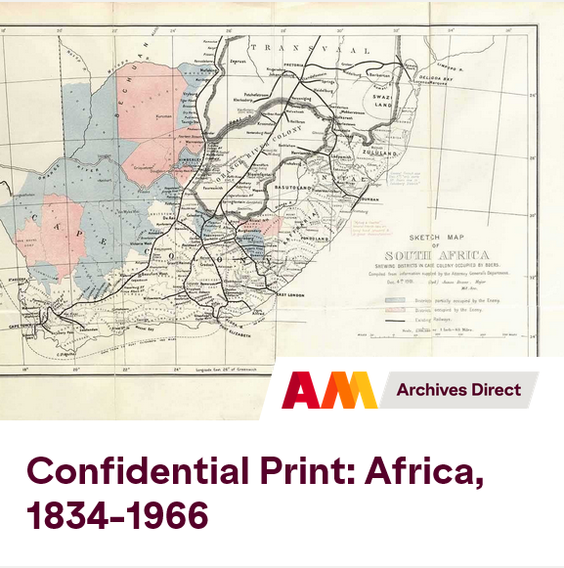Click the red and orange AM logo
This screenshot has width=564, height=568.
[x=328, y=390]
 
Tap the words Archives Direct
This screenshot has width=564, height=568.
[x=458, y=390]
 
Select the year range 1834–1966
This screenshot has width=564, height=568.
[x=117, y=515]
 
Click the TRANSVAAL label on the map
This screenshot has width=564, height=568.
[x=311, y=48]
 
